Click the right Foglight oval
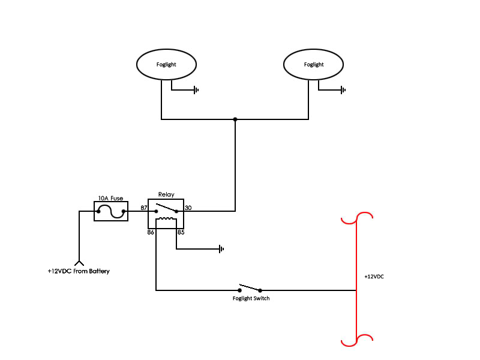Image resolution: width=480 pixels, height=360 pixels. click(313, 64)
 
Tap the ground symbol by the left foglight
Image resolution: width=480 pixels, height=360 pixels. click(196, 91)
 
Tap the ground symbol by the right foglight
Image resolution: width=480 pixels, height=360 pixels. click(343, 90)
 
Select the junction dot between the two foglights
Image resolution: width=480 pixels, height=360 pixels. click(235, 119)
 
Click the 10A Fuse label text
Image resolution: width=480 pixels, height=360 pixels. click(110, 197)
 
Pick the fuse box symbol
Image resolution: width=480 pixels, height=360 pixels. click(111, 211)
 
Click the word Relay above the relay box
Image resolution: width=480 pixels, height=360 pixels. click(166, 194)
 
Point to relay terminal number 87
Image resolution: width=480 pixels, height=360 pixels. click(144, 208)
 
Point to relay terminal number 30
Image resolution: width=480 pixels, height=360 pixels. click(188, 208)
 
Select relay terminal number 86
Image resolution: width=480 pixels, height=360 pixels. click(151, 231)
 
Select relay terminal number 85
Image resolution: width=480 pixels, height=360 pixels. click(180, 231)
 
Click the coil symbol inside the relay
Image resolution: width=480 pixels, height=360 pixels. click(166, 219)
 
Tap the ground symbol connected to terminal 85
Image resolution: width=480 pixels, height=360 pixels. click(221, 248)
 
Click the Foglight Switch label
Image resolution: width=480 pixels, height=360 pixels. click(251, 298)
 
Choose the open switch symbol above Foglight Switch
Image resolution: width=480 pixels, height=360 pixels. click(250, 287)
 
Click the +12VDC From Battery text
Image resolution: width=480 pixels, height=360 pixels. click(79, 271)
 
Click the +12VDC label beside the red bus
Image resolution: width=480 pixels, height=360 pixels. click(374, 277)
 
